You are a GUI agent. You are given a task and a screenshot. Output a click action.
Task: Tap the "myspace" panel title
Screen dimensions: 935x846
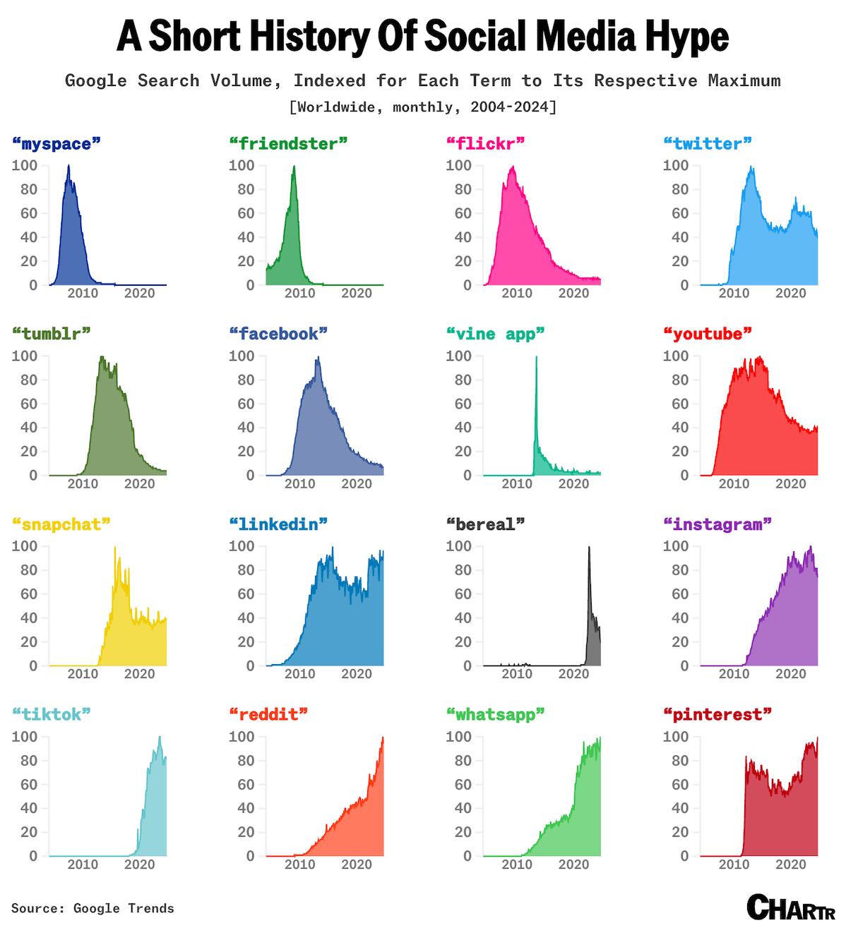pos(56,144)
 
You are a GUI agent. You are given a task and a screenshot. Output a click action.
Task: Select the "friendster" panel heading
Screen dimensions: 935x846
pos(288,144)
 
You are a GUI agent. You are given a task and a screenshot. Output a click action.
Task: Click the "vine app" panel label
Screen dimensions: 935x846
pos(495,334)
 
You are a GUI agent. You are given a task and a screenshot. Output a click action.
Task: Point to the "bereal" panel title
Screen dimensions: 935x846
pos(486,524)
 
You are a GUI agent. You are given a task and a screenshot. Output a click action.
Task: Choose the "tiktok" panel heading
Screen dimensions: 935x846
pos(52,715)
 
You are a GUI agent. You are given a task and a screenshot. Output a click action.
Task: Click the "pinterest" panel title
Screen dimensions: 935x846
pos(717,715)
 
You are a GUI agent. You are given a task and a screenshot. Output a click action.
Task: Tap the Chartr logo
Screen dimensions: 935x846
pos(790,907)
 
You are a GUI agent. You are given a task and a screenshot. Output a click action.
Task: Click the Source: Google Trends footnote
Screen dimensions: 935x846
pos(93,908)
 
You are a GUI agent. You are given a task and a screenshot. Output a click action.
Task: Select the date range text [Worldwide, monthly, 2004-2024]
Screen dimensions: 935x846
pos(423,107)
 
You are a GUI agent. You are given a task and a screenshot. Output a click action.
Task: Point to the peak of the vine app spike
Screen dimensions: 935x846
pos(536,357)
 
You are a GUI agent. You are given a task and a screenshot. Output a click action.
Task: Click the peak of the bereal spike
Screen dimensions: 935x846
pos(589,548)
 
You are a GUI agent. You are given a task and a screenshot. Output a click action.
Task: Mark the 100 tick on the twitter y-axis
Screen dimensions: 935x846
pos(675,165)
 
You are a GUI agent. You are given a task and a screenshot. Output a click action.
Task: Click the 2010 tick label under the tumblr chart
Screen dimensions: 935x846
pos(83,484)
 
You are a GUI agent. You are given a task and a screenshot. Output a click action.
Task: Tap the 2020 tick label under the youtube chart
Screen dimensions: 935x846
pos(790,484)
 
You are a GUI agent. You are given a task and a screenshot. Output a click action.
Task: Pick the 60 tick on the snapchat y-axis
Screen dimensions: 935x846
pos(29,594)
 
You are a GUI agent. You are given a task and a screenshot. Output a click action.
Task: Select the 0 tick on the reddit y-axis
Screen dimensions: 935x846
pos(250,856)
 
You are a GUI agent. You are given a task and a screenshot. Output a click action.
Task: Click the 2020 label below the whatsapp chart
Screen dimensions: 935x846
pos(573,864)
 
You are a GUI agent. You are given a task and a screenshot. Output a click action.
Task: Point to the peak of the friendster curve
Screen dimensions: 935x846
pos(294,167)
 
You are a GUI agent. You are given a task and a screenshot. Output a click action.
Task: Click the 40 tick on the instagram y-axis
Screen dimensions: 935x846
pos(680,618)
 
